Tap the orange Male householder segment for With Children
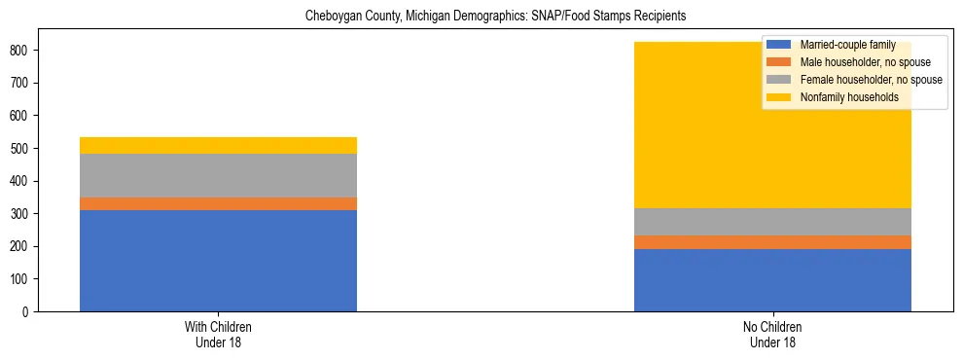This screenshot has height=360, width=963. [218, 203]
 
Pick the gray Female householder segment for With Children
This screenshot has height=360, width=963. [218, 175]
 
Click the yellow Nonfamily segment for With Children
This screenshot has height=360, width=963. [218, 145]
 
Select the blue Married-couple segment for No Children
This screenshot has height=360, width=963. [772, 280]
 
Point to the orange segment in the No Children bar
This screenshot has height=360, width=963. [772, 242]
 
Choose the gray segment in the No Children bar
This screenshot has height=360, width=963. [772, 222]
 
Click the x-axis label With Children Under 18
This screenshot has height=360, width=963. [218, 334]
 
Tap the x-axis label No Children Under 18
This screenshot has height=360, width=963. [772, 334]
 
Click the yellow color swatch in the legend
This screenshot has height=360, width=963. [780, 97]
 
